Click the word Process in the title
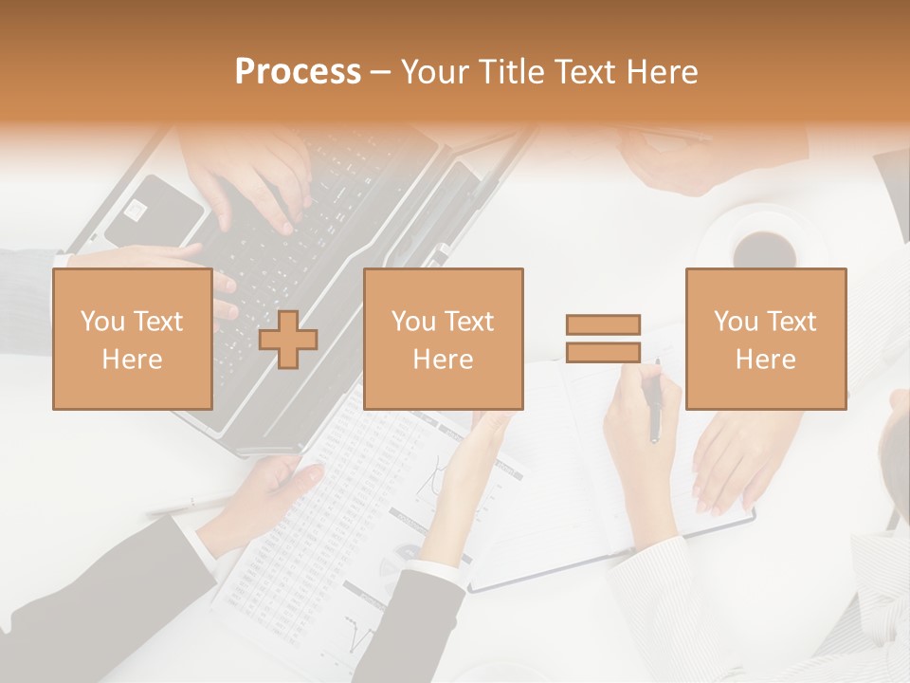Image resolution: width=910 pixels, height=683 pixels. tap(298, 71)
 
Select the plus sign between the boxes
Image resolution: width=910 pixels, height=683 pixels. tap(288, 340)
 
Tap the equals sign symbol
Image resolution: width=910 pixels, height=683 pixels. tap(603, 339)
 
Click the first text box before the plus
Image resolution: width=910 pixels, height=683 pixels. tap(132, 339)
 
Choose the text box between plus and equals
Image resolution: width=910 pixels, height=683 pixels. tap(443, 339)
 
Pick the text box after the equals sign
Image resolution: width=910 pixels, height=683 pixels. tap(765, 339)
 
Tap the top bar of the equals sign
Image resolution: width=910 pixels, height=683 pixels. tap(603, 325)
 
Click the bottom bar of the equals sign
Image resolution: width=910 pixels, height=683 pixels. tap(603, 352)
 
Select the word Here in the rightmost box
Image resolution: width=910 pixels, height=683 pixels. tap(765, 360)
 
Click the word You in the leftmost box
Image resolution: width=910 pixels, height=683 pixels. tap(101, 322)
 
